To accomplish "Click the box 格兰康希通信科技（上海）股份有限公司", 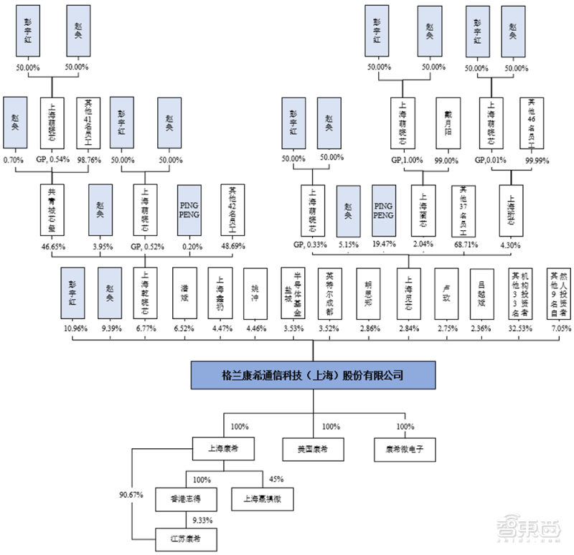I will pyautogui.click(x=313, y=374).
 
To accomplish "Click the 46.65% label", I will pyautogui.click(x=52, y=246).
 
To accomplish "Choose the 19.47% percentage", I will pyautogui.click(x=384, y=246).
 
